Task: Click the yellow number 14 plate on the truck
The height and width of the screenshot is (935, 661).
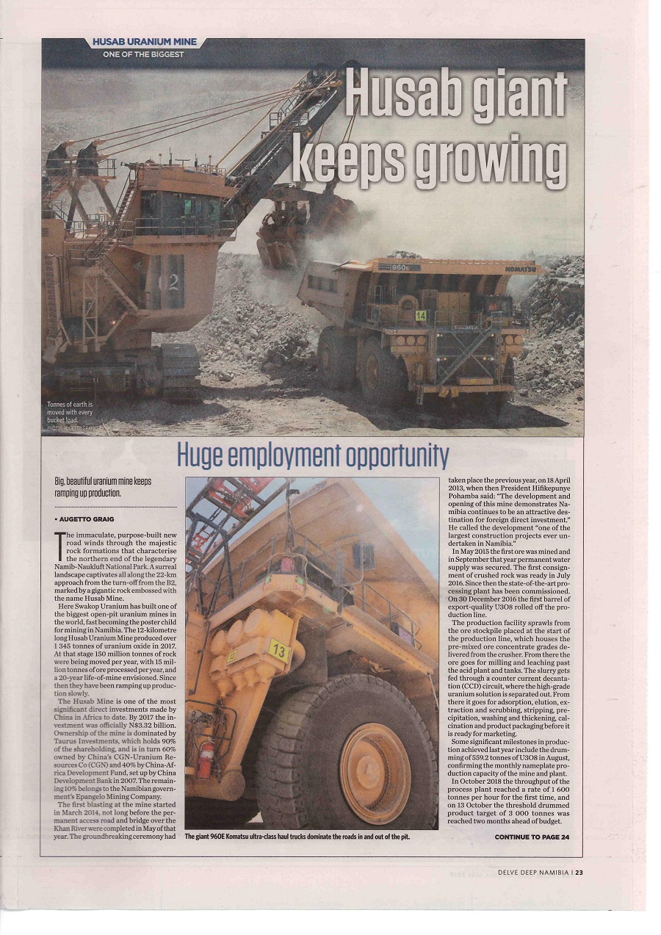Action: (421, 316)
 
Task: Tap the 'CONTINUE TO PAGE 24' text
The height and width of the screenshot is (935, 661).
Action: (531, 837)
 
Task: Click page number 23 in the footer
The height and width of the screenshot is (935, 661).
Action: (579, 873)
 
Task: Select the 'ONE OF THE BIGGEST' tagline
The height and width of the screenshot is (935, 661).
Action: (143, 54)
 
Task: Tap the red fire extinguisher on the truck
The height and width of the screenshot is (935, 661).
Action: (207, 760)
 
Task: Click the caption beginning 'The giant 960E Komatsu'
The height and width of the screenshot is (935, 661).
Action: (297, 837)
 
